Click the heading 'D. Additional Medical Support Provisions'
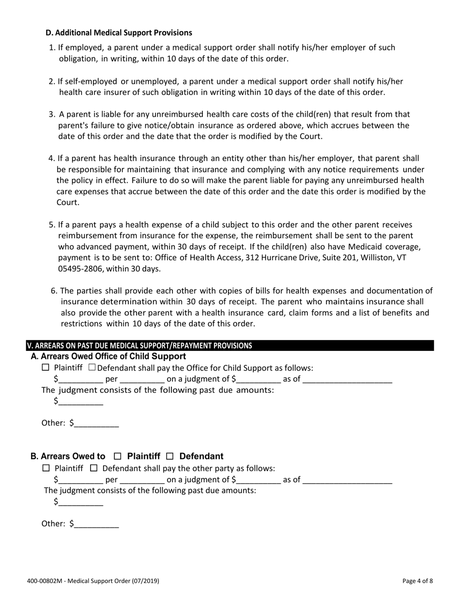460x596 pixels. (119, 33)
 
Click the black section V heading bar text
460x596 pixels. (139, 346)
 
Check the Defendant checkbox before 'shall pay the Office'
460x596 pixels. (92, 368)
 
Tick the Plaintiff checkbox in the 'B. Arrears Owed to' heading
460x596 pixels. (117, 456)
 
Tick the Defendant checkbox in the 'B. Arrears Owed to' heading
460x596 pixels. (169, 456)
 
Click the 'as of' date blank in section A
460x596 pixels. (347, 379)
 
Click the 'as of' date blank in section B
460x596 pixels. (347, 480)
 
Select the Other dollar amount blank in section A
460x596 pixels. (96, 423)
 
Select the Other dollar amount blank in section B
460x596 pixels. (96, 524)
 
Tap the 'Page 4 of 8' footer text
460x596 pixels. (417, 581)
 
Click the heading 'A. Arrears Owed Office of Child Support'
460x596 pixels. (108, 357)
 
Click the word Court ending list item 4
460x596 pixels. (68, 203)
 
